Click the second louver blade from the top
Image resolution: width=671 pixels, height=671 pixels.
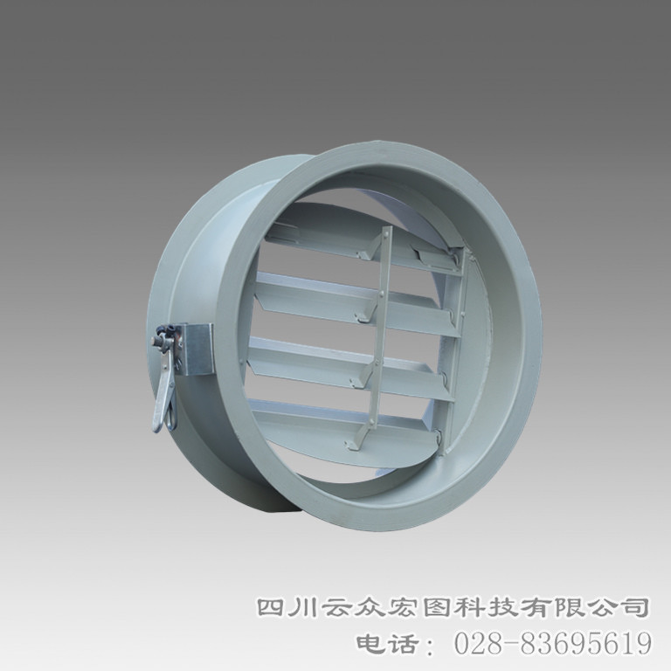click(x=356, y=301)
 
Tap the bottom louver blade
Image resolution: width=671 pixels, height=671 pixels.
click(x=347, y=424)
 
